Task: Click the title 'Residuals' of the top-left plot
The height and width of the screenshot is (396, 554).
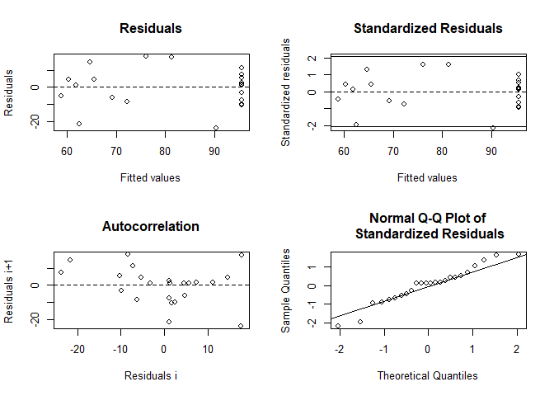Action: (151, 28)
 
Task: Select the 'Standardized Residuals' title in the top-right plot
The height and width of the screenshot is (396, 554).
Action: (427, 28)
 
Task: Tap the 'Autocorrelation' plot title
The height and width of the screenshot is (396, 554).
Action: (151, 226)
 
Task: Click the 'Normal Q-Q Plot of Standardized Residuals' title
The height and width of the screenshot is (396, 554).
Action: (429, 226)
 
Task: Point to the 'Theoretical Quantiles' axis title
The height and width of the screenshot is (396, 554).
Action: (427, 375)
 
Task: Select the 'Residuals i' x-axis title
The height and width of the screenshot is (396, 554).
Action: (150, 375)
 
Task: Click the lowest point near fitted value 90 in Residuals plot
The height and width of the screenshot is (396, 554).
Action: (216, 128)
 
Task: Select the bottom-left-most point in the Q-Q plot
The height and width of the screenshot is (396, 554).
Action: (338, 326)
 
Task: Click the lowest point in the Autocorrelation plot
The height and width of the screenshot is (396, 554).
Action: (241, 326)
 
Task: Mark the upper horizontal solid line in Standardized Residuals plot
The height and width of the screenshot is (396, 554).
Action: (427, 57)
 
